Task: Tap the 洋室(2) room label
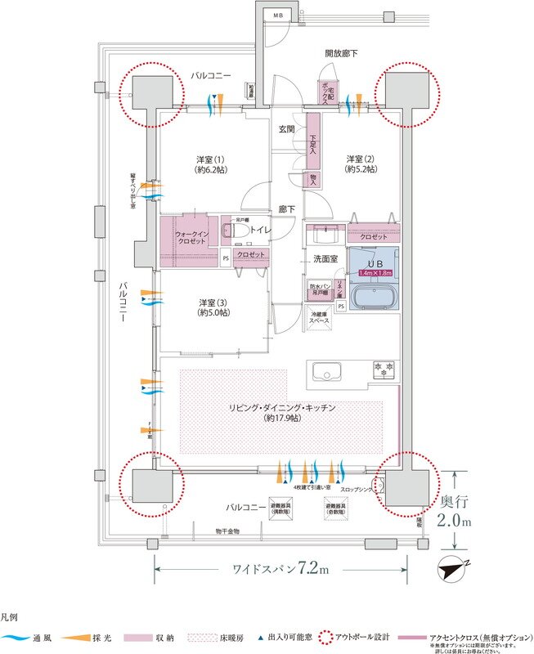pyautogui.click(x=361, y=163)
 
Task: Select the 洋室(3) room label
pyautogui.click(x=213, y=307)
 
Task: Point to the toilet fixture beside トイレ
pyautogui.click(x=239, y=231)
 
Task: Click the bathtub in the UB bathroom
pyautogui.click(x=373, y=295)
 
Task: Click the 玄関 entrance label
pyautogui.click(x=287, y=129)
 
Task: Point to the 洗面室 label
pyautogui.click(x=326, y=258)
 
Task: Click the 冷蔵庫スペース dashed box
pyautogui.click(x=320, y=318)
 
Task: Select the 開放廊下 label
pyautogui.click(x=341, y=53)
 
